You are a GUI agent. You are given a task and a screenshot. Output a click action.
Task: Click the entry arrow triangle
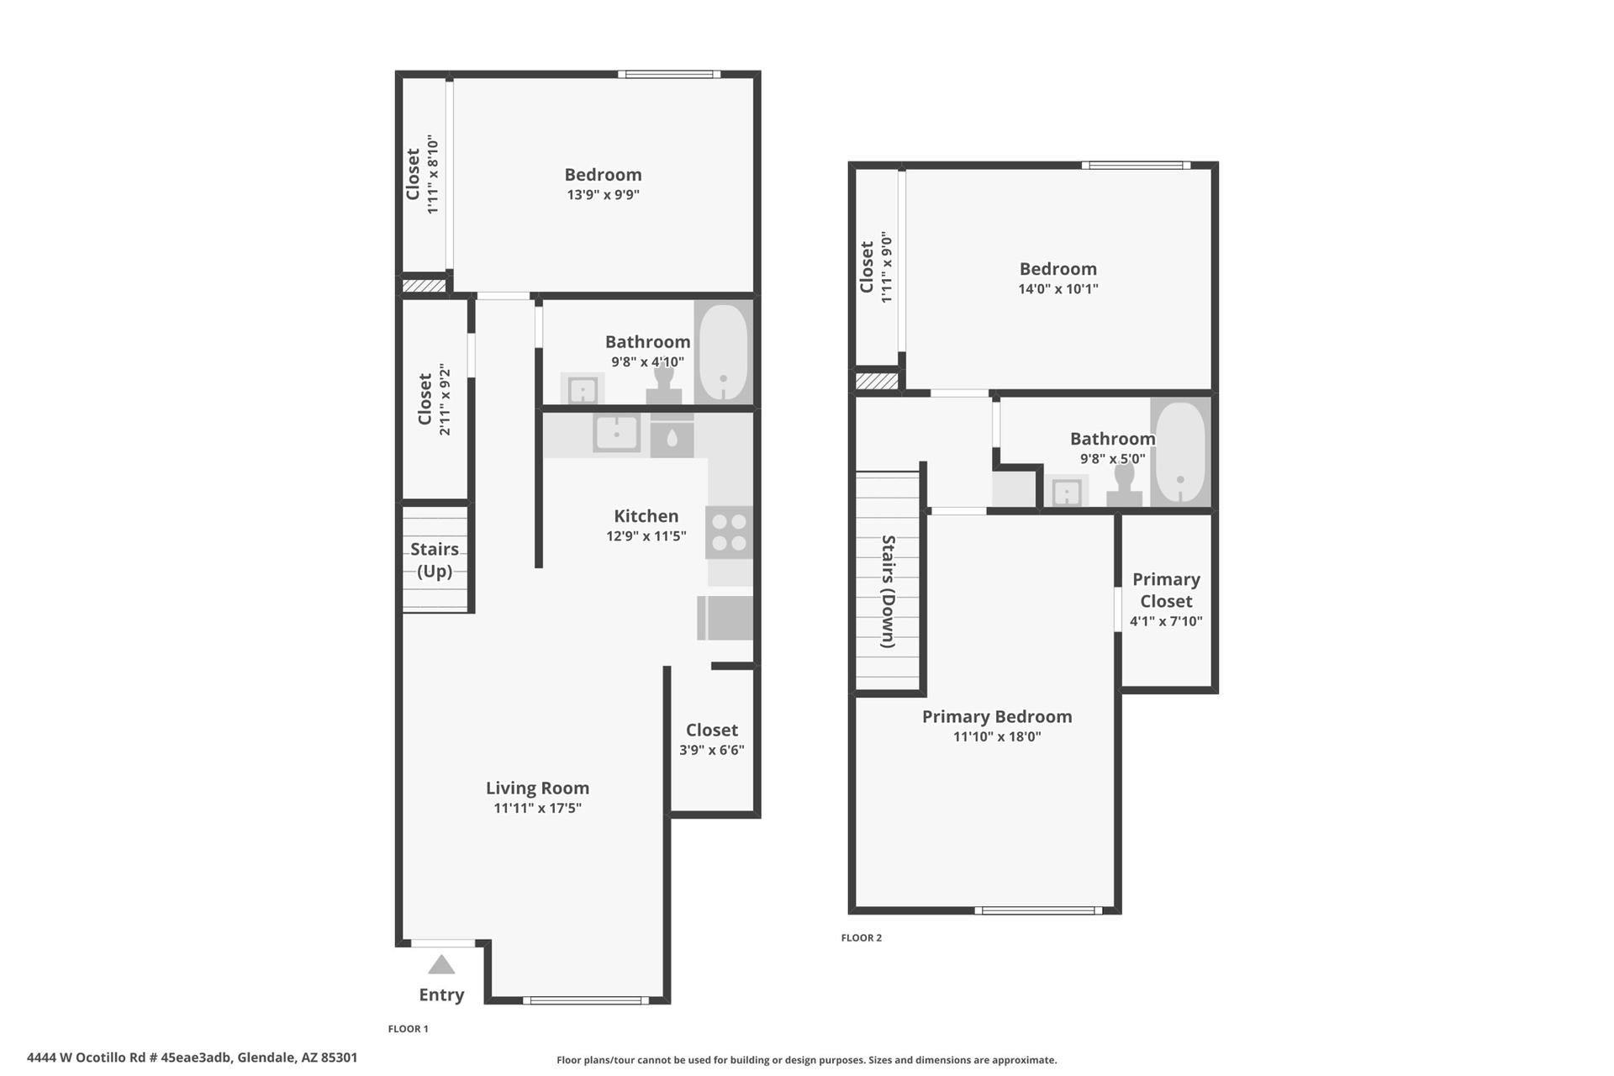[441, 964]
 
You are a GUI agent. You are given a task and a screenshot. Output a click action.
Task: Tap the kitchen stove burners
[729, 532]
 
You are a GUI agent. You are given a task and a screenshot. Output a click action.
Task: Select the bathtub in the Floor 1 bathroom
[723, 352]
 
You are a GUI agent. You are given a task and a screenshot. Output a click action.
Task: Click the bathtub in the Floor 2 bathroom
[1180, 452]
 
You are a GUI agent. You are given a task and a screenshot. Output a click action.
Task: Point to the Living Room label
[537, 788]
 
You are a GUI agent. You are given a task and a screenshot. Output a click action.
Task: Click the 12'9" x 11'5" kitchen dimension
[646, 535]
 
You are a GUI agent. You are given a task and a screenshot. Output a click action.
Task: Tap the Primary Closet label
[1166, 590]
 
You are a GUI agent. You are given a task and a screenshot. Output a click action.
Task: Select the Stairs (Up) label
[435, 560]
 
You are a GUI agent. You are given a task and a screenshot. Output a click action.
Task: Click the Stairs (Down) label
[889, 591]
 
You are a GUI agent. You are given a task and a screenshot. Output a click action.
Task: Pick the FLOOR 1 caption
[409, 1028]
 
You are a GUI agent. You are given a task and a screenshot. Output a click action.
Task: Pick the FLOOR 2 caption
[862, 937]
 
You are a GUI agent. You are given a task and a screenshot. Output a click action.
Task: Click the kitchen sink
[616, 434]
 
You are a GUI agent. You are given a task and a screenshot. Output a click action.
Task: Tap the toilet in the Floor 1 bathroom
[664, 386]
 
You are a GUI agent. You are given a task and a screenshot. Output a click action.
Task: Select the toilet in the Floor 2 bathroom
[1124, 486]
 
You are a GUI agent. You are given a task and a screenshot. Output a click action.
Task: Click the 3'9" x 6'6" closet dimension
[711, 750]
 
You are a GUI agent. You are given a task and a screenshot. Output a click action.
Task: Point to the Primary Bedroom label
[997, 716]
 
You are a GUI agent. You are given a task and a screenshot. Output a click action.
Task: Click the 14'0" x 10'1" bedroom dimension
[1058, 288]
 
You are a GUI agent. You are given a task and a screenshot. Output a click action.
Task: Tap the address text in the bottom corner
[192, 1058]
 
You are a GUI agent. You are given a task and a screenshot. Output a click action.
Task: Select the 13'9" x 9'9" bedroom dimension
[603, 194]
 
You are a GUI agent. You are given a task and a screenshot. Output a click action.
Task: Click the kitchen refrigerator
[725, 618]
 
